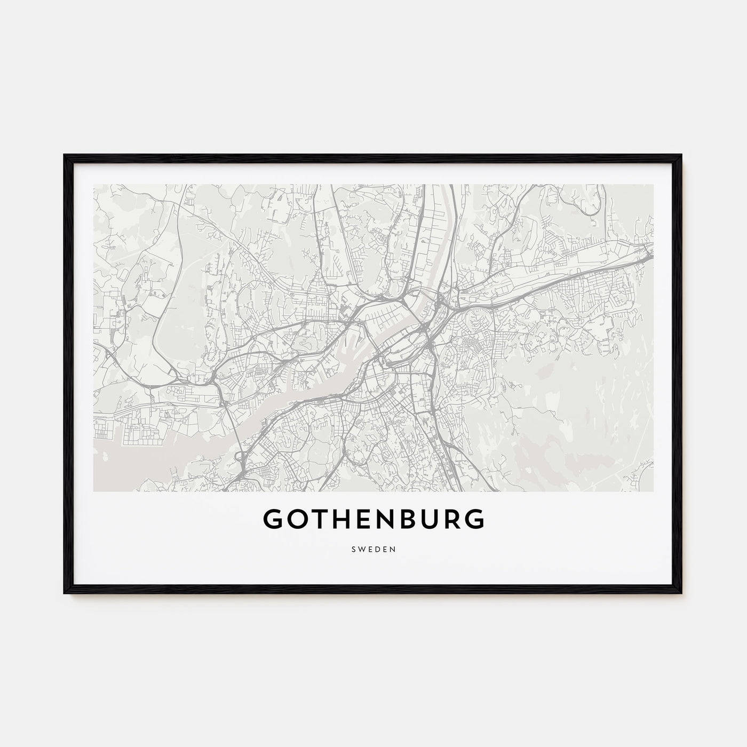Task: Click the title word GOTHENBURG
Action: point(373,519)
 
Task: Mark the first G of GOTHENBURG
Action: point(274,519)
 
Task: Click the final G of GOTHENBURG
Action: point(475,519)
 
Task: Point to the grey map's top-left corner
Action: point(94,185)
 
